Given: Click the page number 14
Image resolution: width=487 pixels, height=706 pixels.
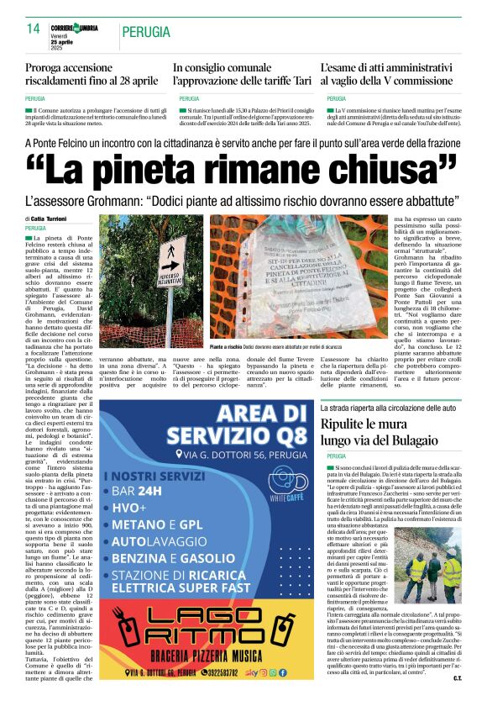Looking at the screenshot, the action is click(x=33, y=29).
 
